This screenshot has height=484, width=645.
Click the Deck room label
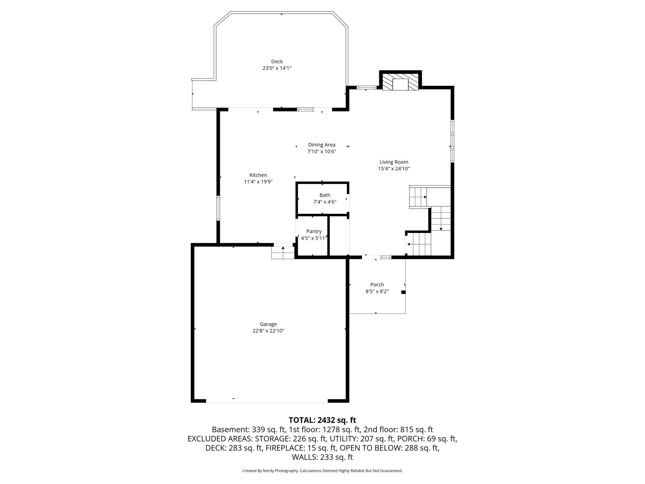pos(277,61)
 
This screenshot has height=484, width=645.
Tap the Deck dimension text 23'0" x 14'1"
pos(277,68)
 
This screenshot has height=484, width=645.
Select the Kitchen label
pos(258,175)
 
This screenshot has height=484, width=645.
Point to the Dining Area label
pos(322,145)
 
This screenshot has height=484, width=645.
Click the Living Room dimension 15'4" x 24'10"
pos(394,169)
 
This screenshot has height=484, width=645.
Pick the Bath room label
pos(325,195)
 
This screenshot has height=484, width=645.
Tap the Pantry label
pos(314,231)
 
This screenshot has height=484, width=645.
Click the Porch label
pos(377,285)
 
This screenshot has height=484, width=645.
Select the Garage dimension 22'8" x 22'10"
pos(268,331)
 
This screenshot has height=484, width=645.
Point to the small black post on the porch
pos(403,292)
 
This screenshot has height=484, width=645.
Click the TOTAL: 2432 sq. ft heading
pos(322,420)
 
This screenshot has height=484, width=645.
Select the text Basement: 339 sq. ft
pos(248,430)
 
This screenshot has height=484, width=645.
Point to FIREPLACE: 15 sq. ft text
pos(301,448)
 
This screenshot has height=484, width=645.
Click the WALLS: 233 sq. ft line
pos(322,457)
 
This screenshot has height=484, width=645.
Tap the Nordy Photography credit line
pos(322,471)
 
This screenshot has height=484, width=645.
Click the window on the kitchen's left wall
pos(218,208)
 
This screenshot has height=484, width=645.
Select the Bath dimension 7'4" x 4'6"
pos(325,202)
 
